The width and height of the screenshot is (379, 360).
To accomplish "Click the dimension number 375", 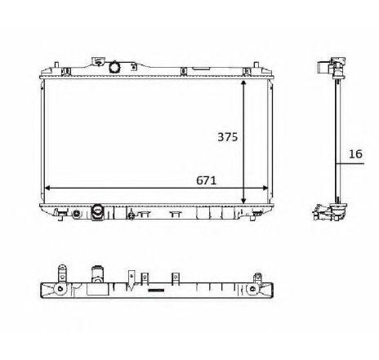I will click(226, 137).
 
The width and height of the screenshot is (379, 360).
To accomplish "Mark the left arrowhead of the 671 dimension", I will click(47, 188).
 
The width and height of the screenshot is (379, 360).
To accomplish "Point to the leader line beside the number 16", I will click(350, 163).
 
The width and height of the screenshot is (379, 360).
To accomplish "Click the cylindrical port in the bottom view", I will click(98, 273).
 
